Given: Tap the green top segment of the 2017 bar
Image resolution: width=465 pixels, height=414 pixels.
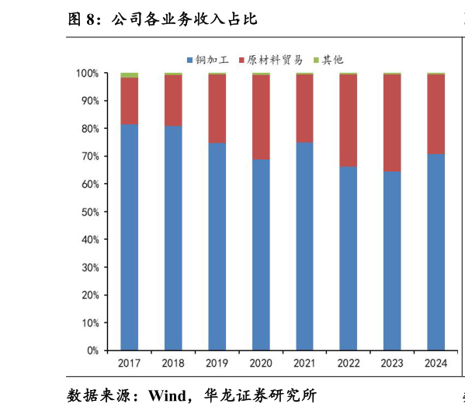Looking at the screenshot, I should tap(130, 75).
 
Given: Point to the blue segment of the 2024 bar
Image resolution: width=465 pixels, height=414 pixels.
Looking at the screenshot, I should tap(436, 252).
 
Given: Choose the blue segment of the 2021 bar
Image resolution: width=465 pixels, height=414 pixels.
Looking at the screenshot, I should tap(304, 246).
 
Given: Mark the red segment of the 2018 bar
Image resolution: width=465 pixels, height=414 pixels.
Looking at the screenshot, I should tap(173, 100).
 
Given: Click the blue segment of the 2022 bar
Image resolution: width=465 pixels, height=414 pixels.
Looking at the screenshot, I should tap(349, 258).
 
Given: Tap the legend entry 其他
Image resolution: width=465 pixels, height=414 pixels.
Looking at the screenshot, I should tap(332, 60).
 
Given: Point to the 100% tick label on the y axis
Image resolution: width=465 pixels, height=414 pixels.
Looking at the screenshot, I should tap(87, 74).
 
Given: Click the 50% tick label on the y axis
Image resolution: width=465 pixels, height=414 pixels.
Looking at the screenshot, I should tap(89, 212).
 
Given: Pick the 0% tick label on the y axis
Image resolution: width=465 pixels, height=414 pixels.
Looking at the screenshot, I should tap(92, 350).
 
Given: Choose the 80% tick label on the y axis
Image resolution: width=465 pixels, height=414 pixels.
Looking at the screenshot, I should tap(89, 129).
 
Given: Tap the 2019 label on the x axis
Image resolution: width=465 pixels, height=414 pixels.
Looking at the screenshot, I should tap(217, 363).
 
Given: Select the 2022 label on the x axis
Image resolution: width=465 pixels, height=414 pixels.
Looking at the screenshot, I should tap(349, 363).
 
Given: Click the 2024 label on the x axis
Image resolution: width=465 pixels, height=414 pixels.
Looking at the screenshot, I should tap(436, 363).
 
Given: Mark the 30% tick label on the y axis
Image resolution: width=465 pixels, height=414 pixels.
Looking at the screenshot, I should tap(89, 267).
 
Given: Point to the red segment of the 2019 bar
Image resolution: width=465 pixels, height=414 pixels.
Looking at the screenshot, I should tap(217, 109).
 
